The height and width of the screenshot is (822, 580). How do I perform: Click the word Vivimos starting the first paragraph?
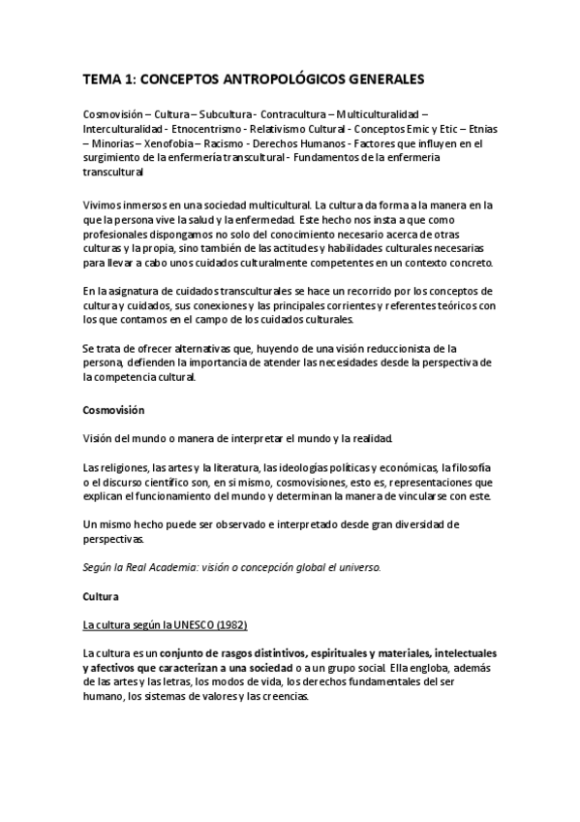click(103, 205)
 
